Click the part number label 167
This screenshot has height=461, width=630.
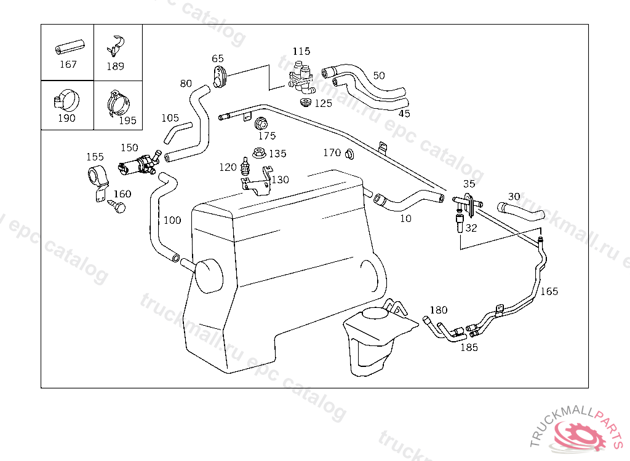coord(68,65)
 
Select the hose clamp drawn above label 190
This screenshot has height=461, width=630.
coord(66,100)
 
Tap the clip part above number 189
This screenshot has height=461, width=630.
coord(116,45)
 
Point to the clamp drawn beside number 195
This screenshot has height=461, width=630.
coord(119,104)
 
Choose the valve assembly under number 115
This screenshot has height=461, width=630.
coord(301,76)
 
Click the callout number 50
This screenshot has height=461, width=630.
coord(379,76)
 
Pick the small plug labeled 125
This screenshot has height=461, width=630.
coord(306,103)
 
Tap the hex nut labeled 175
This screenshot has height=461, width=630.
coord(261,124)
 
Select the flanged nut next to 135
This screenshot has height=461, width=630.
coord(260,152)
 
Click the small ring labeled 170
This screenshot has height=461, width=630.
coord(349,154)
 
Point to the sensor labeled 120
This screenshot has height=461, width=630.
coord(244,166)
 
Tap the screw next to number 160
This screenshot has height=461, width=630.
coord(117,207)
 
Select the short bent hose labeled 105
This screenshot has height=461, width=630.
coord(177,133)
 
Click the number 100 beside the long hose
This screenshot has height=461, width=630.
coord(172,220)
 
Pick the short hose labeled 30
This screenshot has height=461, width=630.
coord(520,211)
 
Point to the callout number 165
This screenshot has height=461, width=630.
coord(549,291)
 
